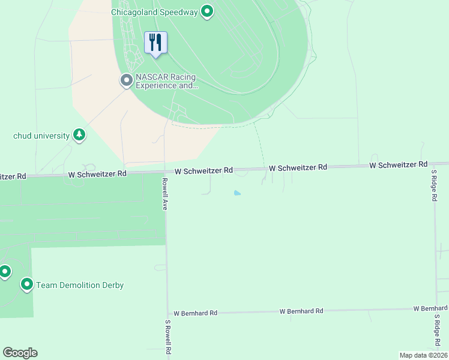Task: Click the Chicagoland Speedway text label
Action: click(154, 12)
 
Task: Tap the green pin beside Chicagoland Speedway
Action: click(207, 11)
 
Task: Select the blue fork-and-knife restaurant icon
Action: click(155, 42)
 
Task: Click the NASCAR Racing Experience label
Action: click(166, 81)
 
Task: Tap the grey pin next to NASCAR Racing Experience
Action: click(126, 80)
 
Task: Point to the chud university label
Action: click(41, 136)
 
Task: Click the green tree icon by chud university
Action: click(79, 135)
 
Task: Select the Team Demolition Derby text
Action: click(80, 285)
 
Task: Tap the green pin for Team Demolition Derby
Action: click(26, 284)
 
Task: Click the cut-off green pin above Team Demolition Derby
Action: click(4, 272)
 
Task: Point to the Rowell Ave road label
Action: click(163, 193)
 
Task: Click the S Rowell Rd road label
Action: click(169, 338)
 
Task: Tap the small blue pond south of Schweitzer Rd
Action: click(238, 193)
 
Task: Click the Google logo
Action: click(20, 353)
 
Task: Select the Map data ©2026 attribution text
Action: click(423, 355)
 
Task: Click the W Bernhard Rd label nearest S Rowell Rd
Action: click(195, 313)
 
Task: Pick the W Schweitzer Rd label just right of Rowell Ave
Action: click(203, 171)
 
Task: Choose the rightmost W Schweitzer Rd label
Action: click(398, 164)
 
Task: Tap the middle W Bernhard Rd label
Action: click(301, 311)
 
